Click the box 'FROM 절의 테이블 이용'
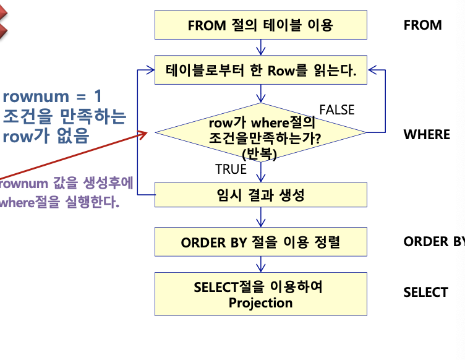click(260, 25)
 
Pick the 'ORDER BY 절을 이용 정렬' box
click(260, 242)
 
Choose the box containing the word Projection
click(260, 294)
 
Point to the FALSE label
click(336, 110)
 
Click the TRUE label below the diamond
click(231, 169)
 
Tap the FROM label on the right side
click(422, 25)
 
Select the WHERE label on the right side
click(427, 135)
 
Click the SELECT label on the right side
click(425, 292)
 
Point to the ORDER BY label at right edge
click(433, 242)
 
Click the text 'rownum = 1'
click(52, 96)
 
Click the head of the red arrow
click(145, 134)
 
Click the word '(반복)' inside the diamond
click(259, 152)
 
